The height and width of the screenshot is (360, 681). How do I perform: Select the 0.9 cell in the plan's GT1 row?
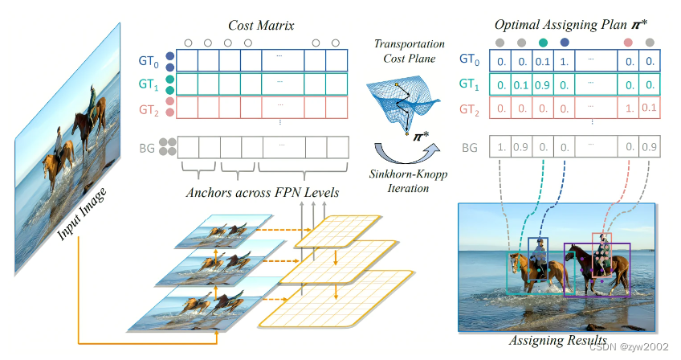544,84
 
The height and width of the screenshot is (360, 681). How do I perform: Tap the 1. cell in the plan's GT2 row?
628,107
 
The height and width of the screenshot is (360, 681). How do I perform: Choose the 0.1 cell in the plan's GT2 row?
649,107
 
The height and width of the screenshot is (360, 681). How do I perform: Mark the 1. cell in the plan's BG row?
501,148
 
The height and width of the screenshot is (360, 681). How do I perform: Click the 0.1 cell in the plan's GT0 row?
544,61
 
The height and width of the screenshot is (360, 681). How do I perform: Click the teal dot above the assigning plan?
544,42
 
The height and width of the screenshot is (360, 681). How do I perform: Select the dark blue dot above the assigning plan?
565,42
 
